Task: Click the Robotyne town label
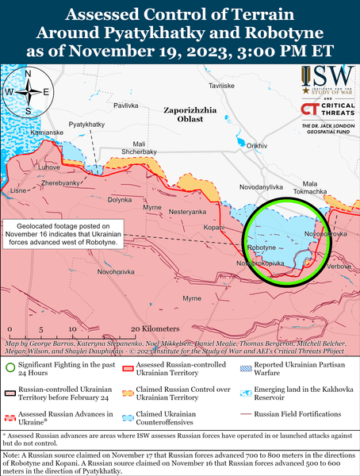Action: pyautogui.click(x=262, y=248)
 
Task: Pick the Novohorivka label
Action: pyautogui.click(x=98, y=271)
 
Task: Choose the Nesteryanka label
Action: pyautogui.click(x=187, y=212)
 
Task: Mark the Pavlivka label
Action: pyautogui.click(x=127, y=105)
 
